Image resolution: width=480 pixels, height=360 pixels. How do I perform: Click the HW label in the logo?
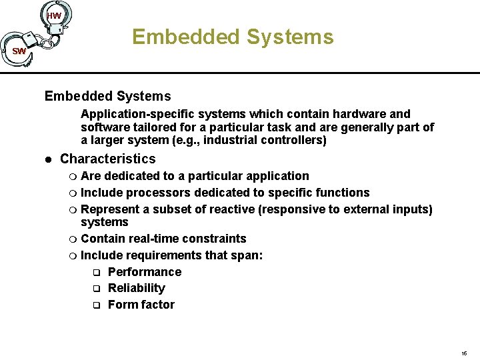coord(55,15)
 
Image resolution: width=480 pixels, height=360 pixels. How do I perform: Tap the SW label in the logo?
coord(19,51)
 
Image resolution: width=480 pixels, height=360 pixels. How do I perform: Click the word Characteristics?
coord(107,159)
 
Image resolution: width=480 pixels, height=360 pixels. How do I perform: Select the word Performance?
coord(144,272)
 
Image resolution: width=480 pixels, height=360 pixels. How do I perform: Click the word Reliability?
coord(136,288)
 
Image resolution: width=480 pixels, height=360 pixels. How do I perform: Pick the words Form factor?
coord(141,305)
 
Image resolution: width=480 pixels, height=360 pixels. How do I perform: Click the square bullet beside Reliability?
coord(95,289)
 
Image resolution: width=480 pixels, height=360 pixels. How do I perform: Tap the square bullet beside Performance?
coord(95,273)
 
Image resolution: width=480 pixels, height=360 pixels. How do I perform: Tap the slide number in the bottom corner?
coord(464,353)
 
